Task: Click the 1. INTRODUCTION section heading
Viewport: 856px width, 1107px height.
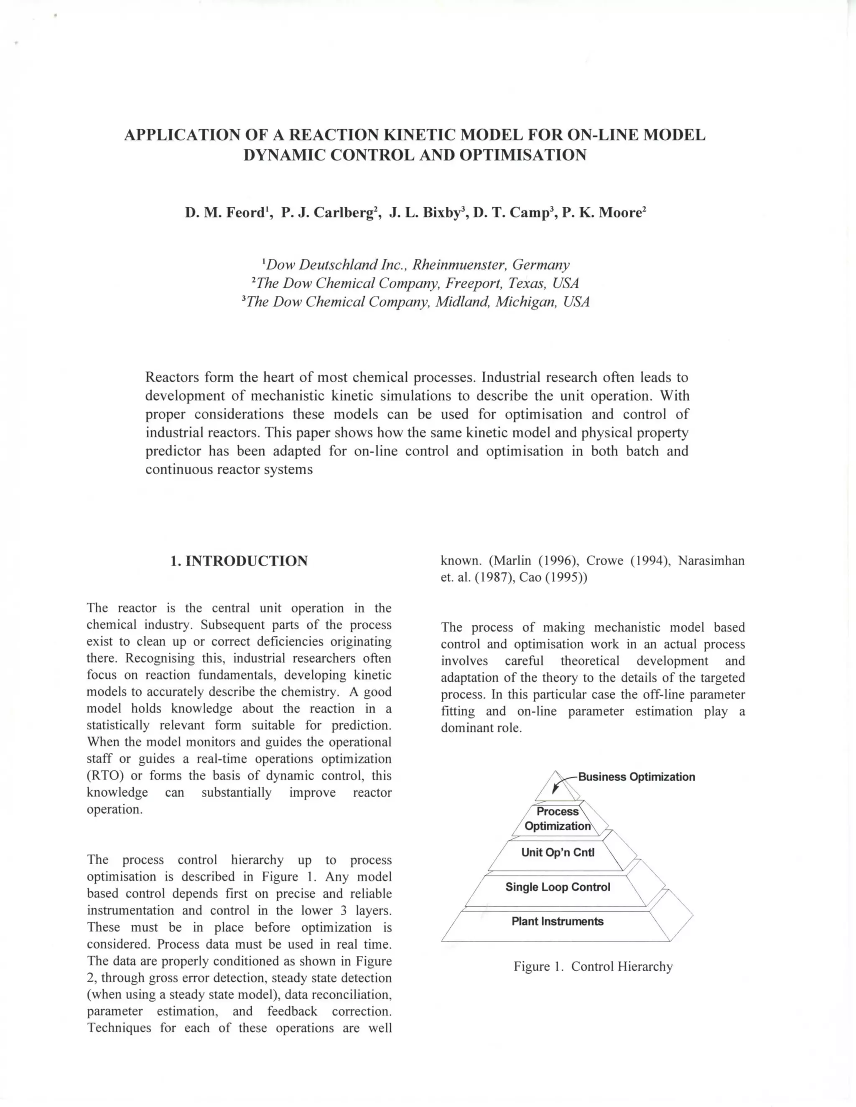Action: [x=239, y=561]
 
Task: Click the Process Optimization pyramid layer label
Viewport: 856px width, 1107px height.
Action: [x=557, y=819]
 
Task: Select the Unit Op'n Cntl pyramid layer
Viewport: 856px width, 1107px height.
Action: [x=557, y=853]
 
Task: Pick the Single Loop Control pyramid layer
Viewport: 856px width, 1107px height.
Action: [x=557, y=887]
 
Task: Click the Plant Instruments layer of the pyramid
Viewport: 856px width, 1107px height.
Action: [x=557, y=922]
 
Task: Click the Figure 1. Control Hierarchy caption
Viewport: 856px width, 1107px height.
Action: [x=593, y=967]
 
